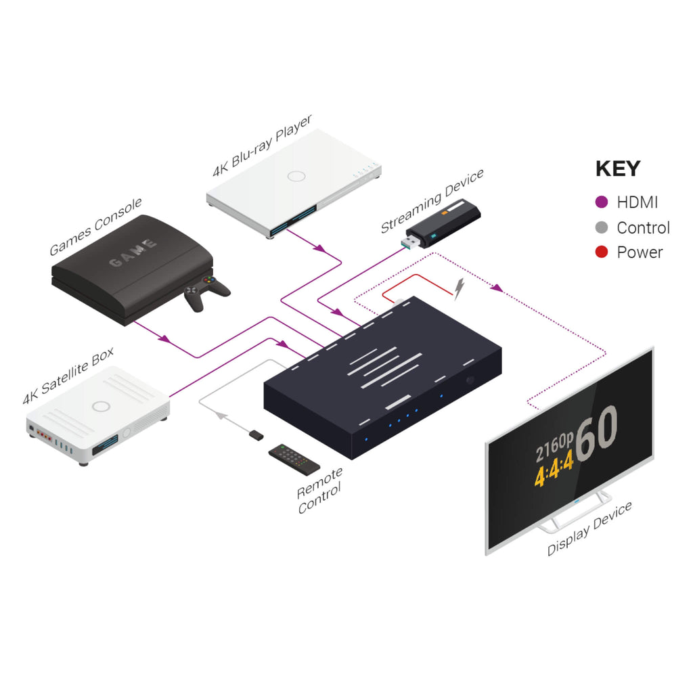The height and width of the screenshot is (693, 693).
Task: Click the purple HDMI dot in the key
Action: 602,202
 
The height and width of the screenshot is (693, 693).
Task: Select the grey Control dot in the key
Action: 602,227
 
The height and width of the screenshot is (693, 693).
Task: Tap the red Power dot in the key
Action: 602,252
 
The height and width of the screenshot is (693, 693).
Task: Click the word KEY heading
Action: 618,169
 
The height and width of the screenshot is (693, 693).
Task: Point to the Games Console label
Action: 95,227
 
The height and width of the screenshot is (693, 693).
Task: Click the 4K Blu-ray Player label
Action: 262,146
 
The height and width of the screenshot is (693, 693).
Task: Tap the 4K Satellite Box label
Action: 68,376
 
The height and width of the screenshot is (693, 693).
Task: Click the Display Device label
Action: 589,529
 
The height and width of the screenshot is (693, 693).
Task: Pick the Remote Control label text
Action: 320,491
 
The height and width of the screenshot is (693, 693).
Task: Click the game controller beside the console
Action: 206,292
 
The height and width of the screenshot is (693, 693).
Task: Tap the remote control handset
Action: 294,460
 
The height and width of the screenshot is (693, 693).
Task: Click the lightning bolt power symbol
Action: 460,288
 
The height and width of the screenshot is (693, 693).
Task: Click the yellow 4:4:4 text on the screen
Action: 554,468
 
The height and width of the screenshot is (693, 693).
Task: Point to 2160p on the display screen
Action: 554,447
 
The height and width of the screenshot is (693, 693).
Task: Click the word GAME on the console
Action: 133,253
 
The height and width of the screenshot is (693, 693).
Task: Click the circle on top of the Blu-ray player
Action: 296,177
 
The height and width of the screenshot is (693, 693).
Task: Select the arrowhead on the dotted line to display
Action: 497,288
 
